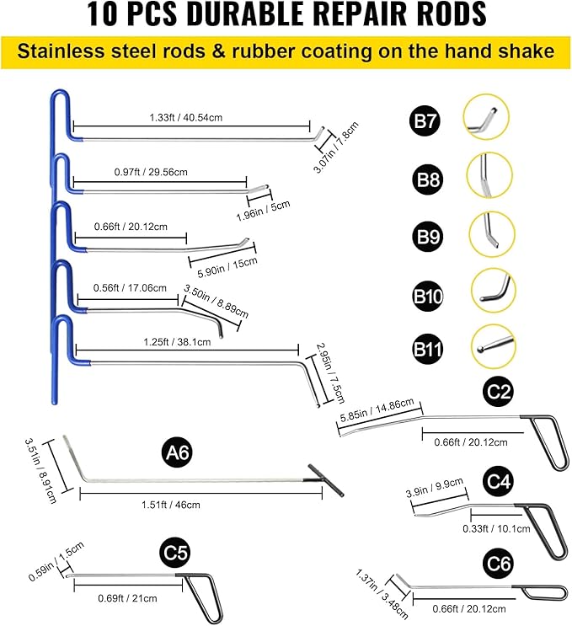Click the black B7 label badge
point(426,123)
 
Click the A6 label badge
point(179,452)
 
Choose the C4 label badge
point(500,481)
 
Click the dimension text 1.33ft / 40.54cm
point(185,119)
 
